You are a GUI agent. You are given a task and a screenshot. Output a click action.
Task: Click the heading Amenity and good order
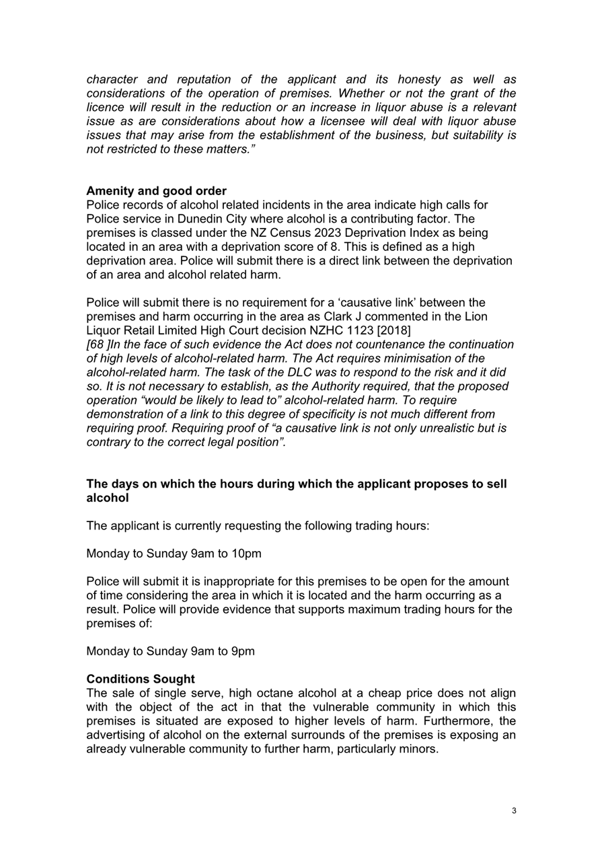[156, 190]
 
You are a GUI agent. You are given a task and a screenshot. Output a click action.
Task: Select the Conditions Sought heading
[141, 679]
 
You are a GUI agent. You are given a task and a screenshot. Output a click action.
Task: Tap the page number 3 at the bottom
[514, 811]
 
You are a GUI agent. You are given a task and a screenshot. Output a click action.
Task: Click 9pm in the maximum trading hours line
[240, 651]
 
